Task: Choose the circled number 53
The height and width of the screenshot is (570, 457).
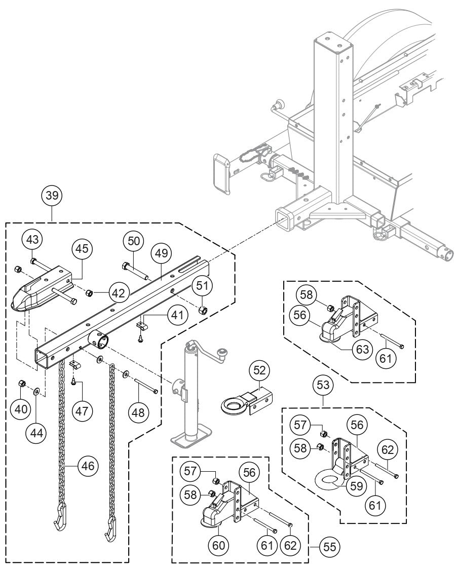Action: pyautogui.click(x=324, y=385)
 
